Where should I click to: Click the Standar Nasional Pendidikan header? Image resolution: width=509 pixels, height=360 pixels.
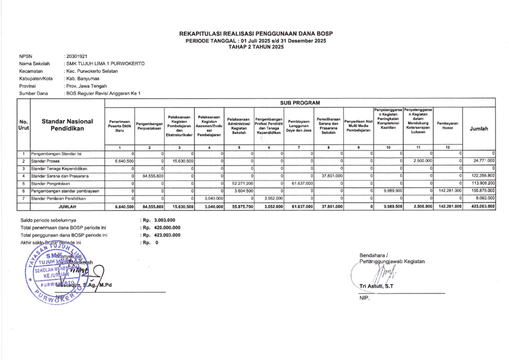point(67,124)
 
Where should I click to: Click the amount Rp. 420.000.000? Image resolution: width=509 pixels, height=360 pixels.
point(161,228)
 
